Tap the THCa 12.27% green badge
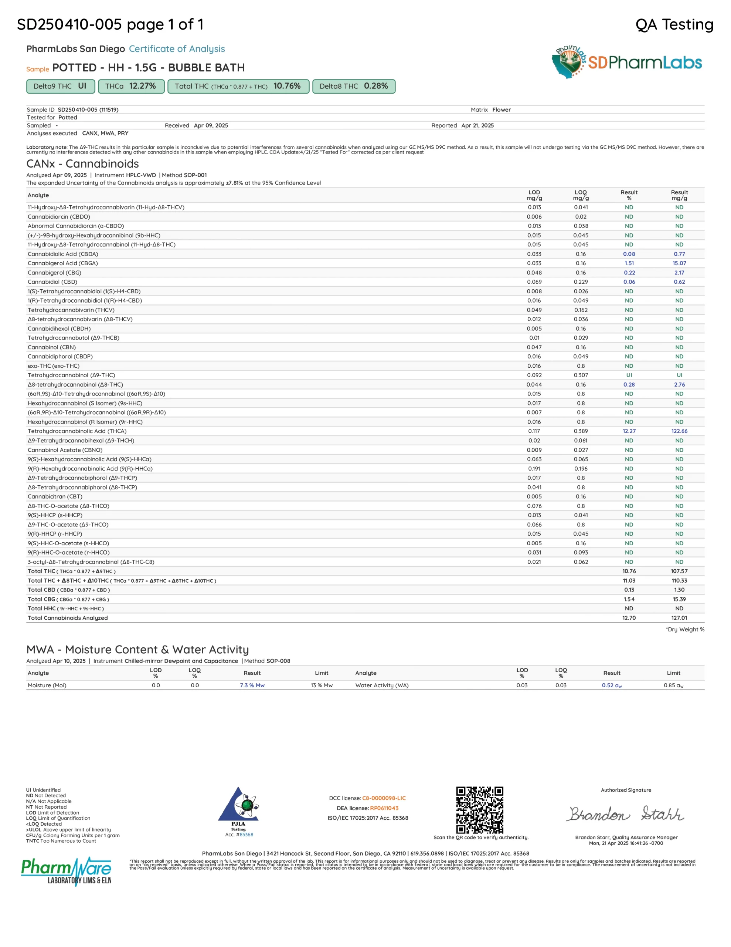pyautogui.click(x=131, y=86)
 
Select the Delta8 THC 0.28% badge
pyautogui.click(x=354, y=86)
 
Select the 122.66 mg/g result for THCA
pyautogui.click(x=679, y=431)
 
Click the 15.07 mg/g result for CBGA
pyautogui.click(x=679, y=263)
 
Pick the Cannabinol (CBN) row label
pyautogui.click(x=52, y=347)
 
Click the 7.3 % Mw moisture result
pyautogui.click(x=252, y=685)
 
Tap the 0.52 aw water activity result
pyautogui.click(x=611, y=685)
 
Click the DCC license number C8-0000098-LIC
pyautogui.click(x=384, y=798)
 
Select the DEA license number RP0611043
pyautogui.click(x=384, y=808)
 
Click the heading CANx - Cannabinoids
pyautogui.click(x=83, y=164)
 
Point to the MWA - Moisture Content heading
pyautogui.click(x=137, y=649)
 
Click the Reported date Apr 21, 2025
pyautogui.click(x=477, y=125)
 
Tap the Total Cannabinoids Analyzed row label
pyautogui.click(x=68, y=618)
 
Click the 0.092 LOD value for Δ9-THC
pyautogui.click(x=534, y=375)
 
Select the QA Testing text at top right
pyautogui.click(x=674, y=24)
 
